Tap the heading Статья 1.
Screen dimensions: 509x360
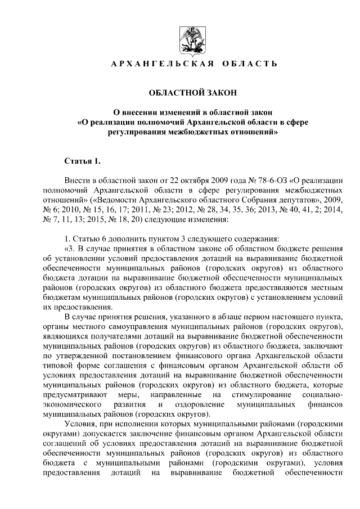[82, 162]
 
